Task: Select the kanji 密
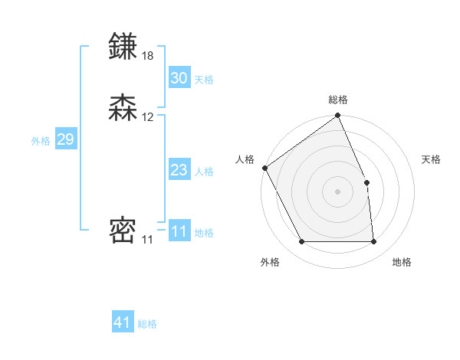[123, 231]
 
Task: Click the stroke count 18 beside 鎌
[148, 55]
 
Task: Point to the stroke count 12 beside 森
[148, 117]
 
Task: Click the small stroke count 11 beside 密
[147, 240]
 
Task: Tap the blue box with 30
[179, 78]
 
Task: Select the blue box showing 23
[179, 170]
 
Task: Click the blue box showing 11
[179, 231]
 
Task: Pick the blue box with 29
[65, 139]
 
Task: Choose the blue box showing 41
[123, 322]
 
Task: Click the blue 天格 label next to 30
[203, 80]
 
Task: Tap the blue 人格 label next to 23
[203, 172]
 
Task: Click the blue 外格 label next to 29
[41, 141]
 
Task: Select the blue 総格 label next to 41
[147, 324]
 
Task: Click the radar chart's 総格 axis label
[338, 100]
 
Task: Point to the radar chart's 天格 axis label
[432, 159]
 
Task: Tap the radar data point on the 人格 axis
[264, 168]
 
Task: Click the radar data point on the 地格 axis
[374, 242]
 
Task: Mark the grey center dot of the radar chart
[338, 191]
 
